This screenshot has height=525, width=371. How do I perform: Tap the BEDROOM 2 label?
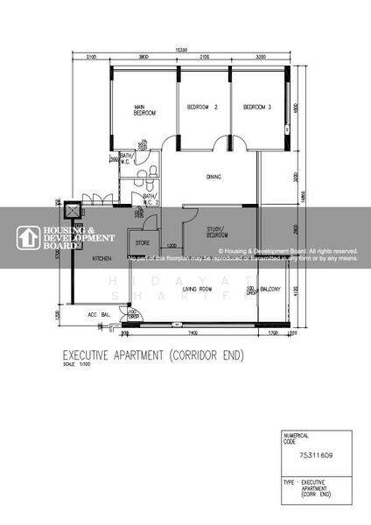point(202,108)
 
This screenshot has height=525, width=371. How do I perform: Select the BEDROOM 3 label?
point(257,108)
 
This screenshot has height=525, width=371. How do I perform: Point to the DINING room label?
point(213,177)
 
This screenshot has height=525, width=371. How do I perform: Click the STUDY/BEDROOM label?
point(216,233)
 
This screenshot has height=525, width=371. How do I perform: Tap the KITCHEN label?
point(102,259)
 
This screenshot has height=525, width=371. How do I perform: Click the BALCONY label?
point(271,289)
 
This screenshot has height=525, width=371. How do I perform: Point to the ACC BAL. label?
point(97,314)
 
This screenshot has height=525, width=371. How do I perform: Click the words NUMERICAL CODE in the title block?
point(297,438)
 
